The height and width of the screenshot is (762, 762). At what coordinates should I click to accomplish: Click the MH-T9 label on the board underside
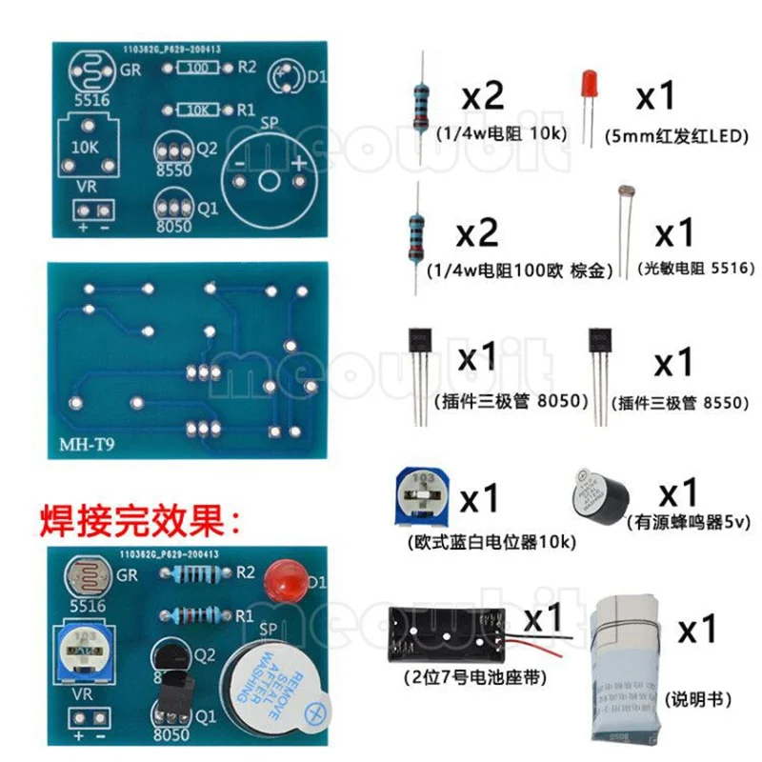pyautogui.click(x=83, y=445)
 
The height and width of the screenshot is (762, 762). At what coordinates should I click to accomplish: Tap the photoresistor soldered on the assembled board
pyautogui.click(x=82, y=574)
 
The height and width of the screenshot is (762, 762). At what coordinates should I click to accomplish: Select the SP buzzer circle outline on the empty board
pyautogui.click(x=269, y=176)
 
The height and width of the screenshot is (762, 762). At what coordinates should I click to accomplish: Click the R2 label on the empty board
pyautogui.click(x=246, y=67)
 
